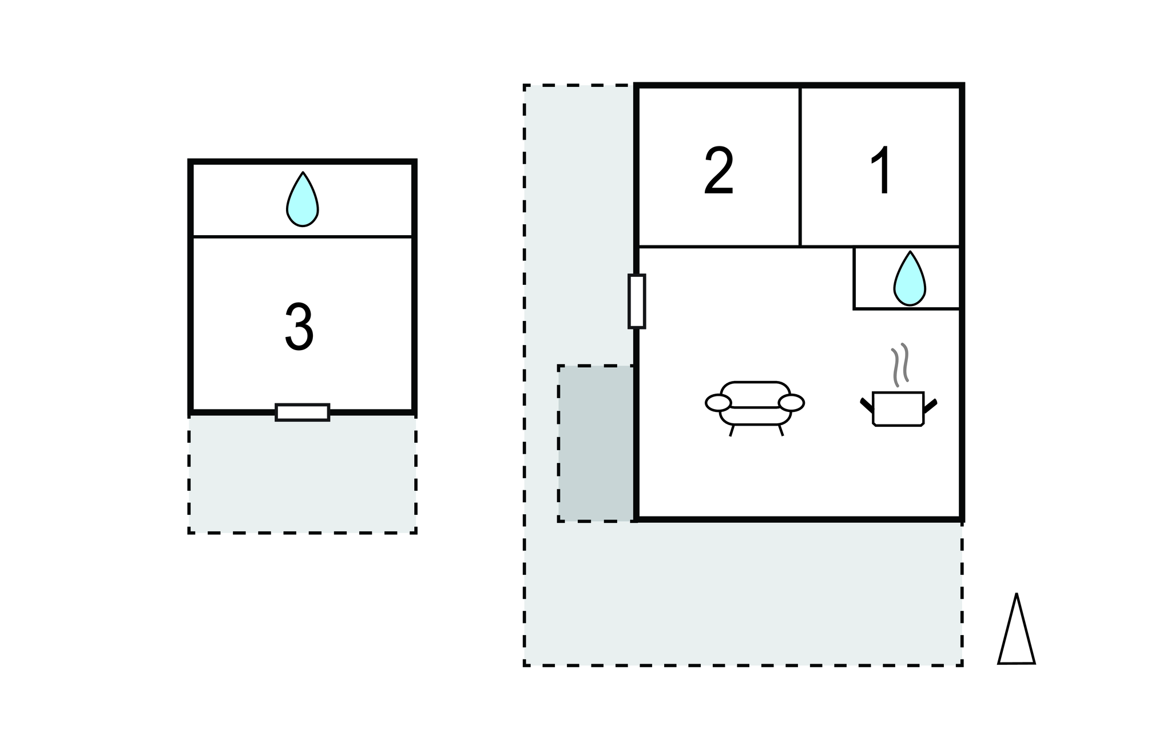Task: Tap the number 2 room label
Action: click(x=719, y=171)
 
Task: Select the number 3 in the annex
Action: click(x=299, y=327)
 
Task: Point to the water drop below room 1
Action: click(x=910, y=279)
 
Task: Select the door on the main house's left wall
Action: click(x=637, y=301)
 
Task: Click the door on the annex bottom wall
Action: click(x=303, y=412)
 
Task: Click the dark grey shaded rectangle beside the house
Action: click(x=596, y=443)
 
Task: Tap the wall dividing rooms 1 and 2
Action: click(x=800, y=166)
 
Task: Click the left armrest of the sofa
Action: click(x=718, y=403)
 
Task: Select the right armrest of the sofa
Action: click(x=791, y=403)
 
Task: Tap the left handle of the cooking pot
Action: click(x=866, y=405)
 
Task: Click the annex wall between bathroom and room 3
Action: click(x=302, y=236)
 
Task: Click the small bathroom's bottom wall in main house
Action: click(x=906, y=309)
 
